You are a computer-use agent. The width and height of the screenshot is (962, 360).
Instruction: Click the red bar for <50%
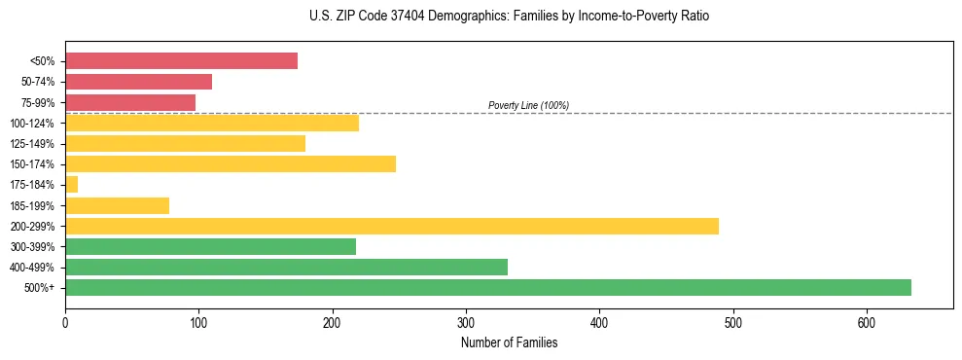point(181,61)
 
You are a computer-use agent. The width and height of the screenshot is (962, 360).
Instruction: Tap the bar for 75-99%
point(130,102)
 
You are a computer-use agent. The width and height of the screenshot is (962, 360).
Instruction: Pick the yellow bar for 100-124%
point(212,123)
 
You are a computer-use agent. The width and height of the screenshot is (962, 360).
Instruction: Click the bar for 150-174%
point(231,163)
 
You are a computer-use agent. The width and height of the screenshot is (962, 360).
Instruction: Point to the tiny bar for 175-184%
point(71,185)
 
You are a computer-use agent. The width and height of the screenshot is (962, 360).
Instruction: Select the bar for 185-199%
point(117,205)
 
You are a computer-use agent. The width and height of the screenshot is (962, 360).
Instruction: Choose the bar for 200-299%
point(392,226)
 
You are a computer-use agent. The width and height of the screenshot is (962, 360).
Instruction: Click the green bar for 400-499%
point(286,267)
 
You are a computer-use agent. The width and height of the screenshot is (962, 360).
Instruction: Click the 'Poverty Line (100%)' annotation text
point(528,105)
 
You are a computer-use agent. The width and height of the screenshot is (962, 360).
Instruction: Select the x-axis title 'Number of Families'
point(509,342)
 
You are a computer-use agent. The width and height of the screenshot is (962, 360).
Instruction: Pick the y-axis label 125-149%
point(32,144)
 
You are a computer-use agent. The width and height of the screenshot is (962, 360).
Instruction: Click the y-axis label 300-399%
point(32,247)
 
